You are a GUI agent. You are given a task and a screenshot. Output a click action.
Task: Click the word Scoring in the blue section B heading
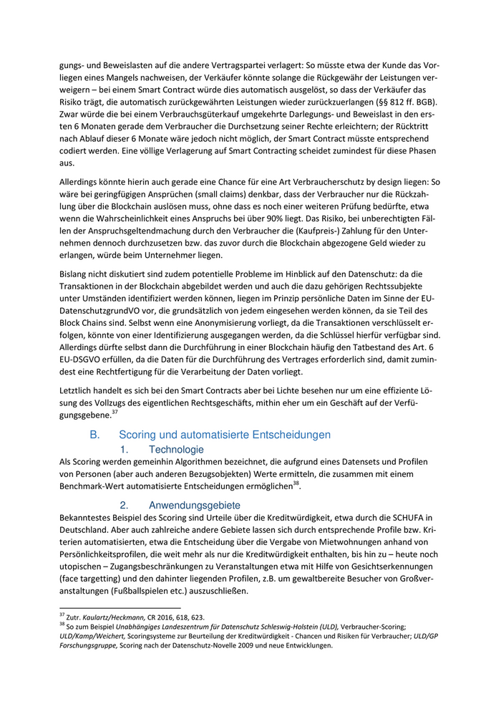point(142,435)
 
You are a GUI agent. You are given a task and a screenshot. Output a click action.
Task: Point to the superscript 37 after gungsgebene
point(114,412)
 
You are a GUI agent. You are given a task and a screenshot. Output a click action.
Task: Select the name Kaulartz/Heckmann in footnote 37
point(109,616)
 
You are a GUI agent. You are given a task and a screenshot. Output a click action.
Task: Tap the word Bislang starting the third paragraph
point(74,272)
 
